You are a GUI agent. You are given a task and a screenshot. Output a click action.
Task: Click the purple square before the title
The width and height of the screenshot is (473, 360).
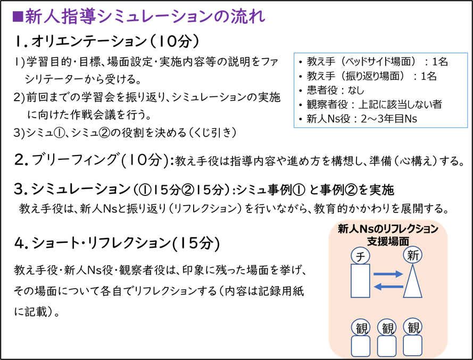click(x=18, y=17)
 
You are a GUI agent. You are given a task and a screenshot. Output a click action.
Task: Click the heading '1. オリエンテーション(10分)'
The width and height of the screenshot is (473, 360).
click(x=107, y=42)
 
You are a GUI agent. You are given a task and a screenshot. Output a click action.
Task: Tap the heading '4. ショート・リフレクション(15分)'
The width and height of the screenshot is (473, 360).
click(x=117, y=243)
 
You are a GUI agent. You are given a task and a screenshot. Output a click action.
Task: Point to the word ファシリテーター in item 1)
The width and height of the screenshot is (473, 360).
click(x=151, y=70)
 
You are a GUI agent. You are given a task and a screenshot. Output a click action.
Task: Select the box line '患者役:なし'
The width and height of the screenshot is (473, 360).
click(x=335, y=90)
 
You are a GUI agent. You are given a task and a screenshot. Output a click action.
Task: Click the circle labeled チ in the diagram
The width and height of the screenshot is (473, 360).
click(x=360, y=256)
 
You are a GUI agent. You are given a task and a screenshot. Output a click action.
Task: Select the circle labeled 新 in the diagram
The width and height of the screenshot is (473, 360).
click(x=412, y=255)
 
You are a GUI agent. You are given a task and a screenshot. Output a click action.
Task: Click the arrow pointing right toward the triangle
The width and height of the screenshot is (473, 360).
click(x=388, y=274)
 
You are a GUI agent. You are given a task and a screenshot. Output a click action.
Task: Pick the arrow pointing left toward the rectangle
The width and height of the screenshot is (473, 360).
click(x=388, y=287)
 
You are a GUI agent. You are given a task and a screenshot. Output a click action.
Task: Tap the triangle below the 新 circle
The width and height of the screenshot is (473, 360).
click(x=412, y=281)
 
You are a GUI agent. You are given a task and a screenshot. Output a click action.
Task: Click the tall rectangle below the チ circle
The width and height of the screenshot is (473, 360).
click(x=361, y=281)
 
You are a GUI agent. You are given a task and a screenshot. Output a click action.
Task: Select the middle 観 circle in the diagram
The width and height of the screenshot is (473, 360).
click(x=387, y=328)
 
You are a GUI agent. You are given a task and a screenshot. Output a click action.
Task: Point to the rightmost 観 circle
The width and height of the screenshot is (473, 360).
click(x=413, y=327)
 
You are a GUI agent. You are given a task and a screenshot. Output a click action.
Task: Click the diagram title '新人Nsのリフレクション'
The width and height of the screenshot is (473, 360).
click(x=388, y=229)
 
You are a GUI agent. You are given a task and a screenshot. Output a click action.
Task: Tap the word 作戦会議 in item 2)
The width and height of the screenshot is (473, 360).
click(x=93, y=115)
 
